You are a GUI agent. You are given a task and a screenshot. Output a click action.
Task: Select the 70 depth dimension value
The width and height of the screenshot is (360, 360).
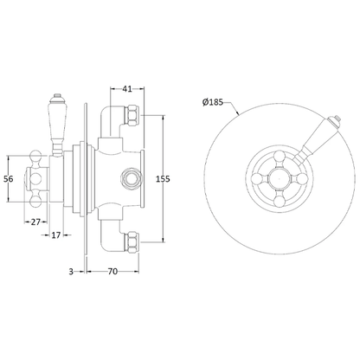[113, 271]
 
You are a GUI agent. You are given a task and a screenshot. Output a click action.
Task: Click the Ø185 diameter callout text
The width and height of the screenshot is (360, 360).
[213, 102]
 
